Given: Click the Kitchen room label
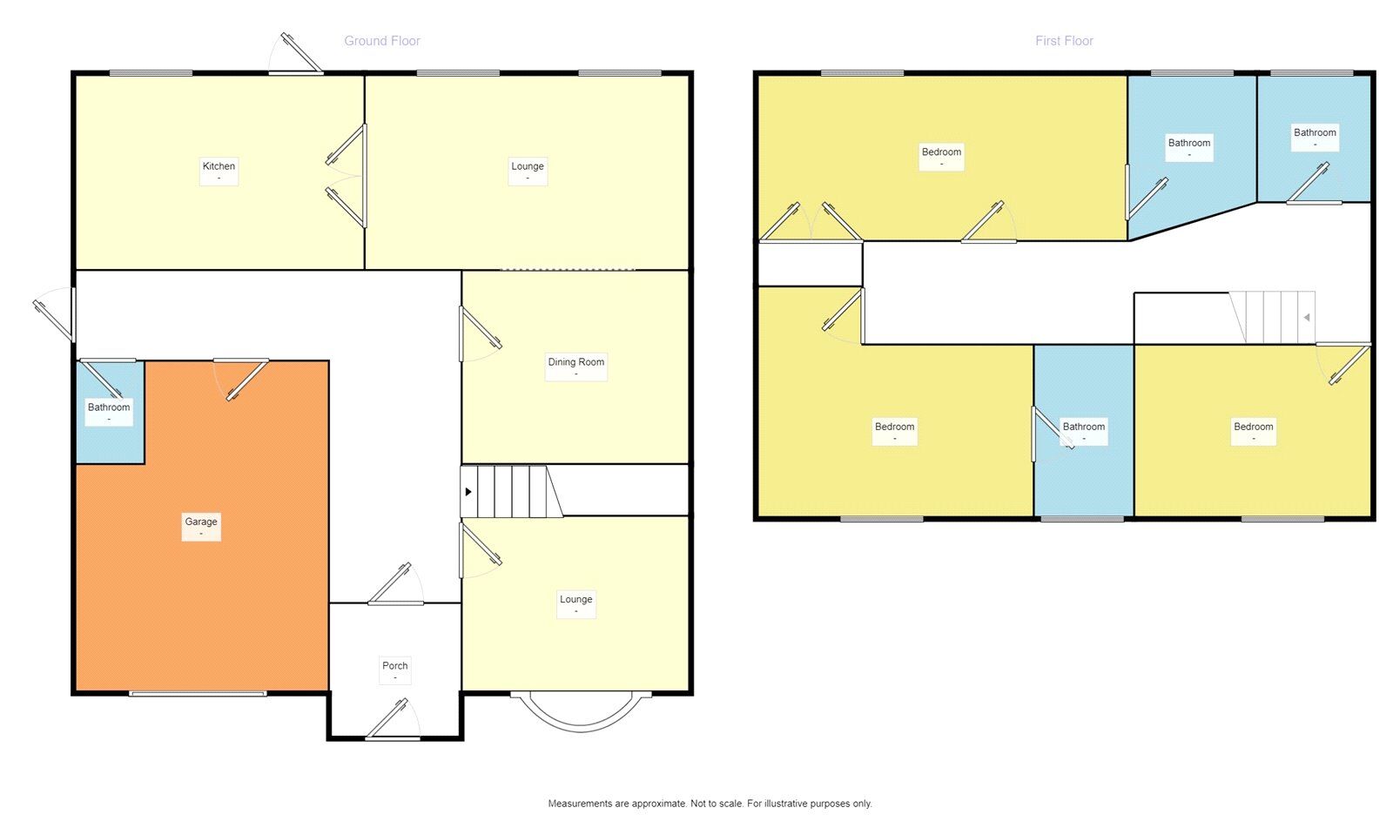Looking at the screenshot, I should (x=219, y=166).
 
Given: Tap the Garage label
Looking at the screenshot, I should (x=201, y=522).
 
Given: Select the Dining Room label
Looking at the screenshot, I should (x=575, y=362).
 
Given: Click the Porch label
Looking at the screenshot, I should (x=395, y=666).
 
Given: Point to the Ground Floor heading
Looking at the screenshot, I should (x=381, y=41).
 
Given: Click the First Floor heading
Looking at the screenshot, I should (x=1064, y=41).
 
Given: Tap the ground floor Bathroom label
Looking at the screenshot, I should (x=109, y=407).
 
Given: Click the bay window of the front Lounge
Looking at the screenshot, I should (x=581, y=712).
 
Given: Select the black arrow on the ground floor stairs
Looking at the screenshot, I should (x=468, y=492).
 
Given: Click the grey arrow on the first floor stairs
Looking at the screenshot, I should (x=1307, y=318).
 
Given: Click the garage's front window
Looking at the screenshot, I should (x=198, y=694).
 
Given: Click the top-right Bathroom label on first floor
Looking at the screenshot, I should (x=1315, y=133).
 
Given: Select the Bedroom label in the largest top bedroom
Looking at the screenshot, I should (x=941, y=152).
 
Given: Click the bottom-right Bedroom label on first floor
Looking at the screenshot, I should (x=1253, y=427).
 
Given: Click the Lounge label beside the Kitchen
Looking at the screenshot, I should (x=528, y=166).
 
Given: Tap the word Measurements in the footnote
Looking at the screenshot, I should (x=581, y=804).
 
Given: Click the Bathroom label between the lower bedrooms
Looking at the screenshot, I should (x=1084, y=427).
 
